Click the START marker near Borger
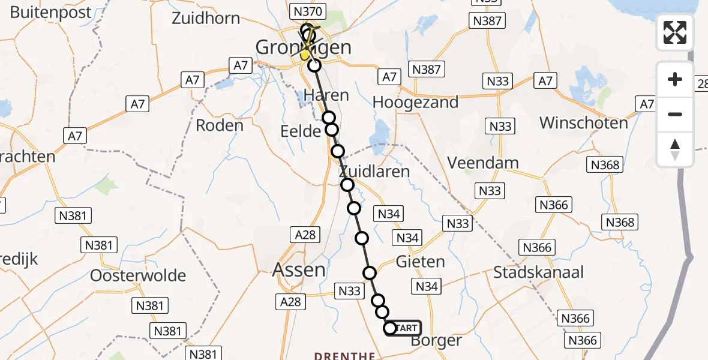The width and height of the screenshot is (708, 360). click(403, 328)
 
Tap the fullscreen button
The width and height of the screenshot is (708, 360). click(675, 32)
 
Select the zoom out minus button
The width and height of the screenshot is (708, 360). click(675, 114)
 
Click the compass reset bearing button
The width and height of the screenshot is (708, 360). click(675, 149)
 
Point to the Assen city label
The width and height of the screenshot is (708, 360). click(299, 270)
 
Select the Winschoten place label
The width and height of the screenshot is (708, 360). click(583, 123)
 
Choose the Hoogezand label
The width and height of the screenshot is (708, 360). click(415, 102)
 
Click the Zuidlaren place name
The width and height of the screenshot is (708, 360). click(373, 172)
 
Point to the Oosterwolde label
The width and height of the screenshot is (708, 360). click(138, 276)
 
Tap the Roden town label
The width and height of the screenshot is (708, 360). click(220, 125)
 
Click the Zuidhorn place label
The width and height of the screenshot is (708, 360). click(206, 18)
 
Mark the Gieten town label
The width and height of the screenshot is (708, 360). click(420, 262)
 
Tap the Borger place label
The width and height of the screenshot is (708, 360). click(437, 341)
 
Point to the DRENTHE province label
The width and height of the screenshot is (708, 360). click(344, 356)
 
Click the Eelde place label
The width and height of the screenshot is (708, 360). click(301, 131)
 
